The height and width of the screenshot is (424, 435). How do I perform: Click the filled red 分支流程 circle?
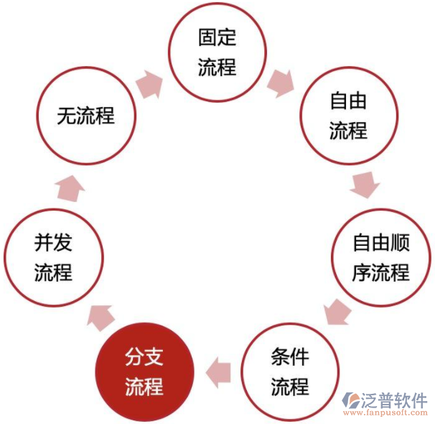144,372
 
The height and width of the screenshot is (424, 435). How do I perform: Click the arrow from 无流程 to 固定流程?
150,84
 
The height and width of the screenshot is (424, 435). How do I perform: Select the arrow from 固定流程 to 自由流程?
281,83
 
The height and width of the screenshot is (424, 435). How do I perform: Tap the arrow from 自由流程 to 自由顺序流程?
365,185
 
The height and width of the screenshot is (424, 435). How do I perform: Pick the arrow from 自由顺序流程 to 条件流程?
337,312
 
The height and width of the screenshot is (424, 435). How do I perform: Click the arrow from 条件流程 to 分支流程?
218,372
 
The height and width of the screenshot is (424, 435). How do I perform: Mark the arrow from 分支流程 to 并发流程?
100,318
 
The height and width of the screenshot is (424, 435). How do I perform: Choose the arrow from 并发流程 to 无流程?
70,188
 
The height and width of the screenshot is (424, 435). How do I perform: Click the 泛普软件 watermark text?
394,400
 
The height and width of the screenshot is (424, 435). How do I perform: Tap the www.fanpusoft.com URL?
385,413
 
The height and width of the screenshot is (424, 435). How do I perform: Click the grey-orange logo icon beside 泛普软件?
351,400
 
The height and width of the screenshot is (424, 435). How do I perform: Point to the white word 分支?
144,356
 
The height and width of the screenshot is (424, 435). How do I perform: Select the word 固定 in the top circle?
217,37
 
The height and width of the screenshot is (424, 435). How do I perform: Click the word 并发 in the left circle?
53,242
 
